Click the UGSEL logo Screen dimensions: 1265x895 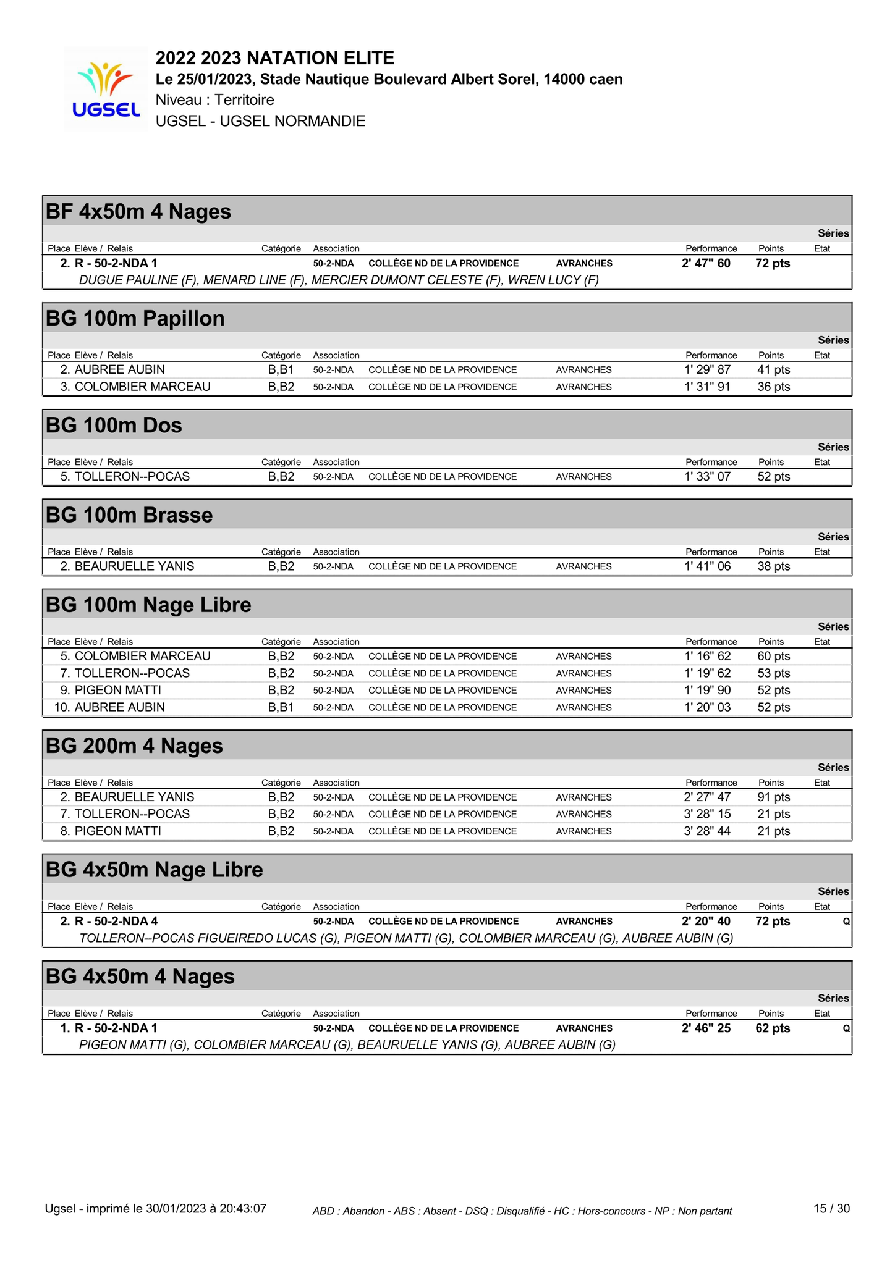[106, 89]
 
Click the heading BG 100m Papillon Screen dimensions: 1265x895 [135, 319]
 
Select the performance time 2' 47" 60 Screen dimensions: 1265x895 [706, 264]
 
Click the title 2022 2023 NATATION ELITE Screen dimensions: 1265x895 [275, 58]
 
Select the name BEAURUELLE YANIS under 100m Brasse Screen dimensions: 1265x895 [134, 566]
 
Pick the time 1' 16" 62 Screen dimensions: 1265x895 [707, 657]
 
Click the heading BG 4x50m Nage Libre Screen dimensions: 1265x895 [155, 870]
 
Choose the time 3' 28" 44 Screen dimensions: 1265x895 [707, 831]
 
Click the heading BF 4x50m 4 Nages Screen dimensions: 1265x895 [138, 212]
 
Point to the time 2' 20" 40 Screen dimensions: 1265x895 [706, 922]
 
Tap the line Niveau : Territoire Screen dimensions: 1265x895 [215, 100]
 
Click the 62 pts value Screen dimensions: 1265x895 [773, 1028]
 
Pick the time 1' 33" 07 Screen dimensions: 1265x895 [707, 477]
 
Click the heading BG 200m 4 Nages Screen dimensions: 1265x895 [134, 746]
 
